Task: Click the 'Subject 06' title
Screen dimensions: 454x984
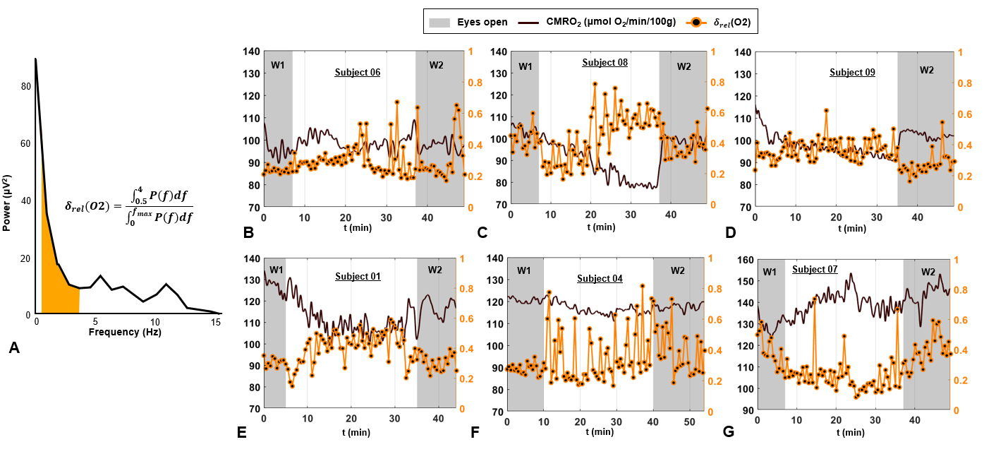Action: click(357, 72)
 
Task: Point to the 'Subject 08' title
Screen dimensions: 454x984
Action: click(605, 62)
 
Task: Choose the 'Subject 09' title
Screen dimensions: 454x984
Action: click(852, 72)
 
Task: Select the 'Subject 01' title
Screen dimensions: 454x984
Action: click(358, 276)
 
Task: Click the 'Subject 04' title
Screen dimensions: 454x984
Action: click(600, 278)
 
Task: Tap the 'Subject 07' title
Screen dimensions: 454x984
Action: click(815, 269)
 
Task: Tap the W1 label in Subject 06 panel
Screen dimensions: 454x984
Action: click(277, 66)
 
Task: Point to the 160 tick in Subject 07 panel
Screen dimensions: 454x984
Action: click(743, 259)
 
